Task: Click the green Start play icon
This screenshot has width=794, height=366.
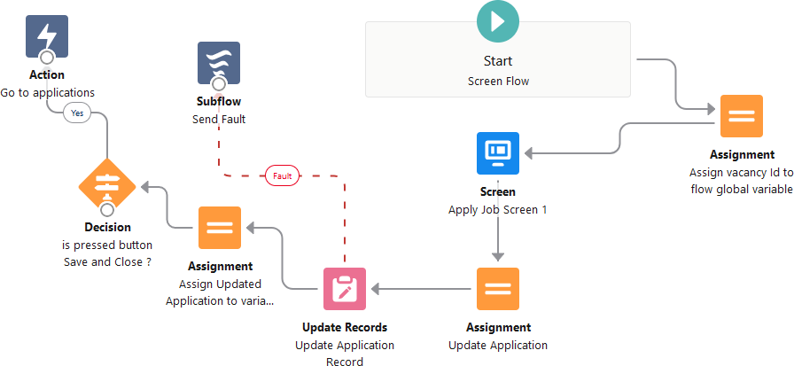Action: coord(498,22)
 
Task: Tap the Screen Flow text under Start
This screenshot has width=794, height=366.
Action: coord(497,81)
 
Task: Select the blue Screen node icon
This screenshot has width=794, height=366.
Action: coord(498,153)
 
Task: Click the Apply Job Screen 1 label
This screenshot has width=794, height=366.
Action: coord(497,209)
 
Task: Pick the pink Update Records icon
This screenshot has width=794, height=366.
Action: coord(345,289)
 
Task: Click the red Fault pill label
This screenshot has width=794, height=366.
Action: coord(283,175)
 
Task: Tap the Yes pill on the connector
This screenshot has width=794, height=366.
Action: coord(77,113)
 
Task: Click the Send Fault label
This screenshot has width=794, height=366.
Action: coord(219,119)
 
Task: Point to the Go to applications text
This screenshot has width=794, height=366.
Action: coord(47,92)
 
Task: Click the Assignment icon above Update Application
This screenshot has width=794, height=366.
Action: coord(498,289)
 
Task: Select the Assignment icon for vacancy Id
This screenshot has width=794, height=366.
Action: coord(742,116)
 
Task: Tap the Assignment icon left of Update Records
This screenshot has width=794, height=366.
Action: coord(220,228)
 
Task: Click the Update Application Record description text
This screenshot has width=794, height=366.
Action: coord(345,353)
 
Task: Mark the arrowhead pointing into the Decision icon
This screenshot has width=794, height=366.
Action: coord(144,187)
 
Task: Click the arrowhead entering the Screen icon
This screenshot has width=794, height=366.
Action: coord(529,153)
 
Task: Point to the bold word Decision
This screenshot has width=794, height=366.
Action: coord(107,228)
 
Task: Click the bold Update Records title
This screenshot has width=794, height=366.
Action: coord(345,328)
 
